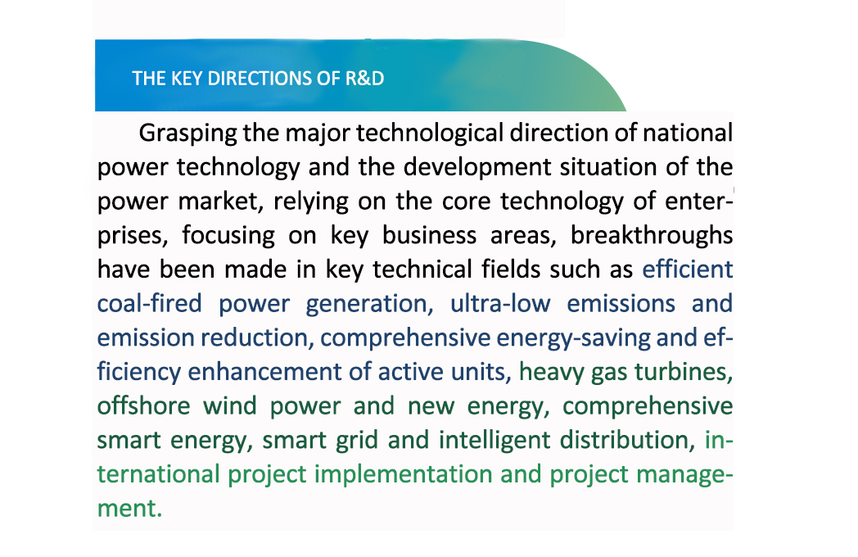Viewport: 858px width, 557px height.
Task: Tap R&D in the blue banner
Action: point(364,79)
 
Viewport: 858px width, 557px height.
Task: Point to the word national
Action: point(688,133)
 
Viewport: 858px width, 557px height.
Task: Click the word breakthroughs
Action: point(652,236)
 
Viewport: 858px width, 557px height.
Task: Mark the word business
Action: point(429,236)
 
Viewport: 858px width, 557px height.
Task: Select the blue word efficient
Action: point(688,269)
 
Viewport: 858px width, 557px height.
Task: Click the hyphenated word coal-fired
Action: point(149,303)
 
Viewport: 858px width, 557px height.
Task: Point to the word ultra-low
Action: point(500,303)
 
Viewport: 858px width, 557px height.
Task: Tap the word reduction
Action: point(256,337)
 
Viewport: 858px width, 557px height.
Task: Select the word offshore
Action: point(143,405)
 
